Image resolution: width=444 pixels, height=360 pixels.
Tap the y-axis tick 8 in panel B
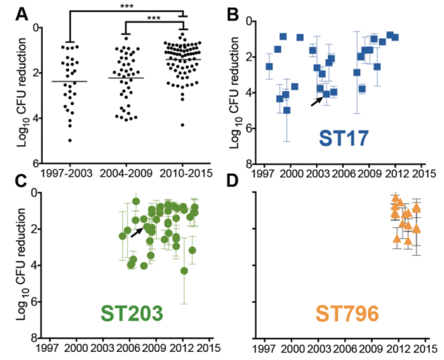251,163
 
